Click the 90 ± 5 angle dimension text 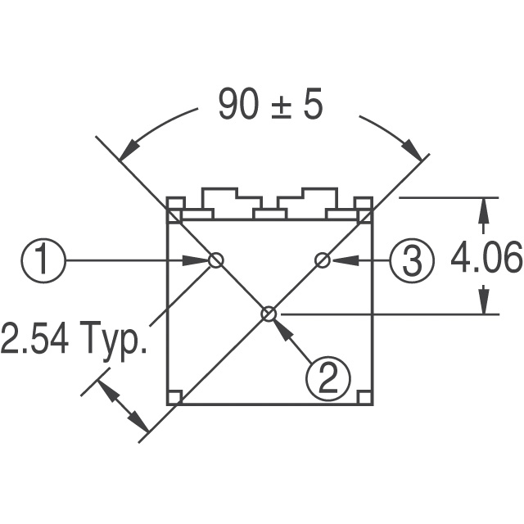tap(270, 105)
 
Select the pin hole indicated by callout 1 tap(215, 260)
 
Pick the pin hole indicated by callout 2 tap(269, 314)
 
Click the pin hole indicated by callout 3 tap(323, 260)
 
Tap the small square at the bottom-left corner tap(174, 397)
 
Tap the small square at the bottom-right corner tap(364, 397)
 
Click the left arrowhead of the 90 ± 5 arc tap(127, 151)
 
